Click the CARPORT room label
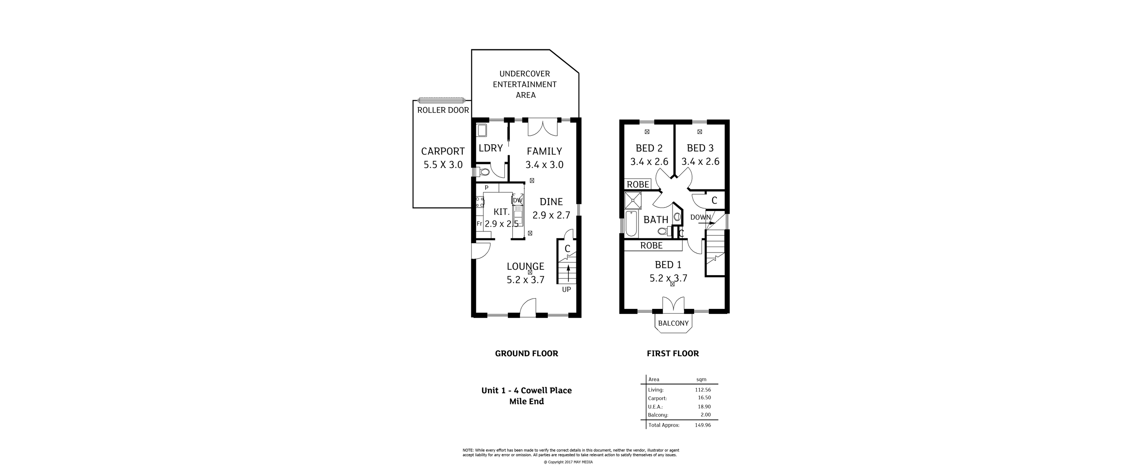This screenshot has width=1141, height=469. pyautogui.click(x=443, y=151)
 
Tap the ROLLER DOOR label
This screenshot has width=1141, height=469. pyautogui.click(x=443, y=110)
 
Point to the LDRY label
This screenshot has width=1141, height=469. pyautogui.click(x=491, y=148)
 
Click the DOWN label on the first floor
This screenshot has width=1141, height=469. pyautogui.click(x=700, y=217)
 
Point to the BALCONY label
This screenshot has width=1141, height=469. pyautogui.click(x=673, y=323)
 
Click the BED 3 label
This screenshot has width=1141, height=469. pyautogui.click(x=700, y=148)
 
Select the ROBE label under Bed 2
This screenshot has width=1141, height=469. pyautogui.click(x=638, y=184)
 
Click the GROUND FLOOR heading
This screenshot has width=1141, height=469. pyautogui.click(x=526, y=353)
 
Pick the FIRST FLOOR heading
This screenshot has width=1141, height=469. pyautogui.click(x=673, y=353)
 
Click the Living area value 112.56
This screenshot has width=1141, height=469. pyautogui.click(x=703, y=390)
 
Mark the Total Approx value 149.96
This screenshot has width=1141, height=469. pyautogui.click(x=703, y=425)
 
